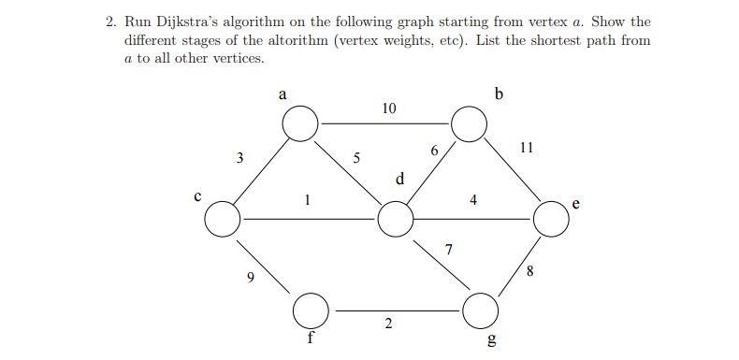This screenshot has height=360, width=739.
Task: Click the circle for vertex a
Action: point(301,122)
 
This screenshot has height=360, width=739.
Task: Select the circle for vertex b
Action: point(469,122)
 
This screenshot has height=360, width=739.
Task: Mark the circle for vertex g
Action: point(481,309)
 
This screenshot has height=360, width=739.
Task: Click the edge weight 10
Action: point(389,108)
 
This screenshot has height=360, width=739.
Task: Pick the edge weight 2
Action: point(388,324)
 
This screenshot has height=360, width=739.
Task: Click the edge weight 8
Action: point(530,272)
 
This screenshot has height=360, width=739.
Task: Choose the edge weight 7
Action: point(449,250)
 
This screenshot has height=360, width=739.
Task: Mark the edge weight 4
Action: point(473,199)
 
